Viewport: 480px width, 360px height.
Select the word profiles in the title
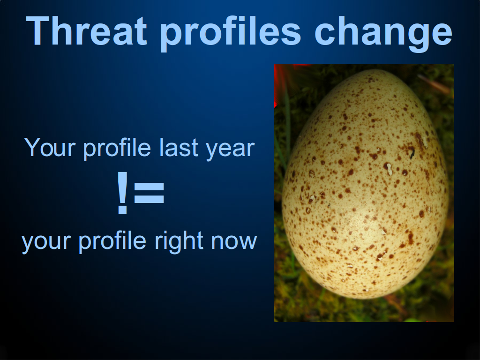pos(230,34)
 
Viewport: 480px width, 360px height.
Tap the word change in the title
pos(383,34)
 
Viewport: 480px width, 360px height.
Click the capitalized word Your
pos(50,147)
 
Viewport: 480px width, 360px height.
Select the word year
pos(230,150)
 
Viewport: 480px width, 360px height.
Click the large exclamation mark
pos(122,192)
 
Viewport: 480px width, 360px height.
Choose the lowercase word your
pos(46,242)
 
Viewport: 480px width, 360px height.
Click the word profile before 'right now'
pos(112,241)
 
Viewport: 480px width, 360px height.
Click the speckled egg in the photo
pos(365,184)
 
